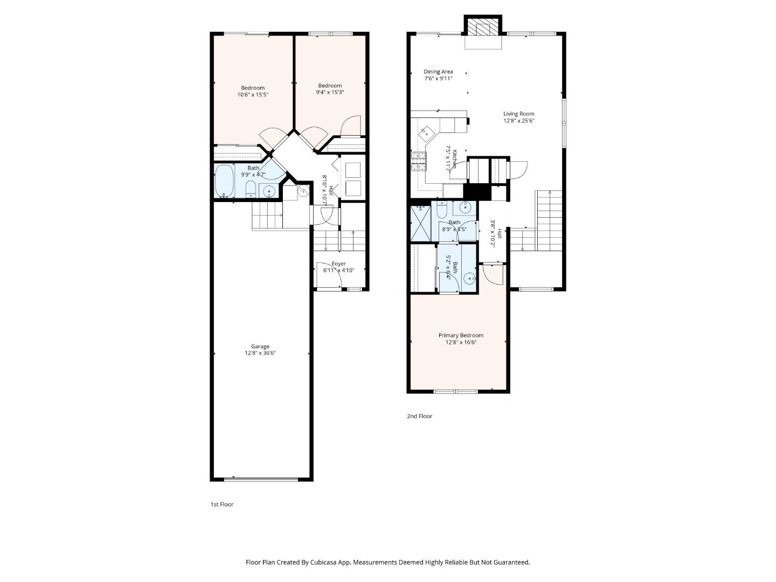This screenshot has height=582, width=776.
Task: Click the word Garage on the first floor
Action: (x=260, y=347)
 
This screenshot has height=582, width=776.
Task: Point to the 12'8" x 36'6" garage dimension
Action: (x=260, y=354)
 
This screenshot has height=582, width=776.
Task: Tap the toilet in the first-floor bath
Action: (x=250, y=188)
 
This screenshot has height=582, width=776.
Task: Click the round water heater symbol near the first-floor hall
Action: (x=303, y=190)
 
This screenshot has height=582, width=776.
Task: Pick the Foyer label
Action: (x=338, y=264)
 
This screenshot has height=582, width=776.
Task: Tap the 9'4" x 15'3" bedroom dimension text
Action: (x=330, y=92)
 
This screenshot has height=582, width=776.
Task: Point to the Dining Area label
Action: (x=438, y=72)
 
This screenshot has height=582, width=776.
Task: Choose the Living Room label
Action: (x=518, y=114)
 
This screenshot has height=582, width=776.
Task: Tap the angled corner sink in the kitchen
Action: (x=427, y=130)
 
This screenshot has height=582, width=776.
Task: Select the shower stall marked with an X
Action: (x=420, y=223)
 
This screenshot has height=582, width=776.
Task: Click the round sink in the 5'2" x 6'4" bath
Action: (x=469, y=279)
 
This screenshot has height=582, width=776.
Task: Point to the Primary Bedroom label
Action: (x=461, y=335)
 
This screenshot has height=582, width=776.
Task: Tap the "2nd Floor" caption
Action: (x=419, y=416)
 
